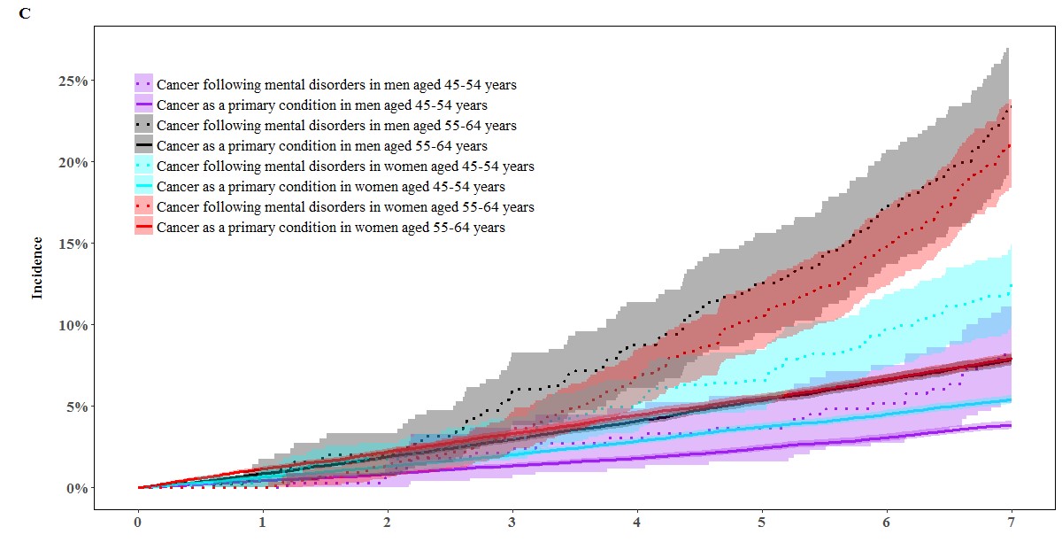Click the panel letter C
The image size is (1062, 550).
24,15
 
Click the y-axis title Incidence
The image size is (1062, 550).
37,267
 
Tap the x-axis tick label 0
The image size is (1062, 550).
138,525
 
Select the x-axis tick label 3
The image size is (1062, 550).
512,525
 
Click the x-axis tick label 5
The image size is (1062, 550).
762,525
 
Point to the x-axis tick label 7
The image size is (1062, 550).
1011,525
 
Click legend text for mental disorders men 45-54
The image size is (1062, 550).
336,85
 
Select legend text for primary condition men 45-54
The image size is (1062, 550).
321,105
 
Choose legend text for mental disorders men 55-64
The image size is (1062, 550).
336,126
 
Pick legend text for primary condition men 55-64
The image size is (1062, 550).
321,146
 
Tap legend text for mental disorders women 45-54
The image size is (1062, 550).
344,167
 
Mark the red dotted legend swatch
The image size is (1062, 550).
144,207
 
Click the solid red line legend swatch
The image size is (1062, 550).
144,228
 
